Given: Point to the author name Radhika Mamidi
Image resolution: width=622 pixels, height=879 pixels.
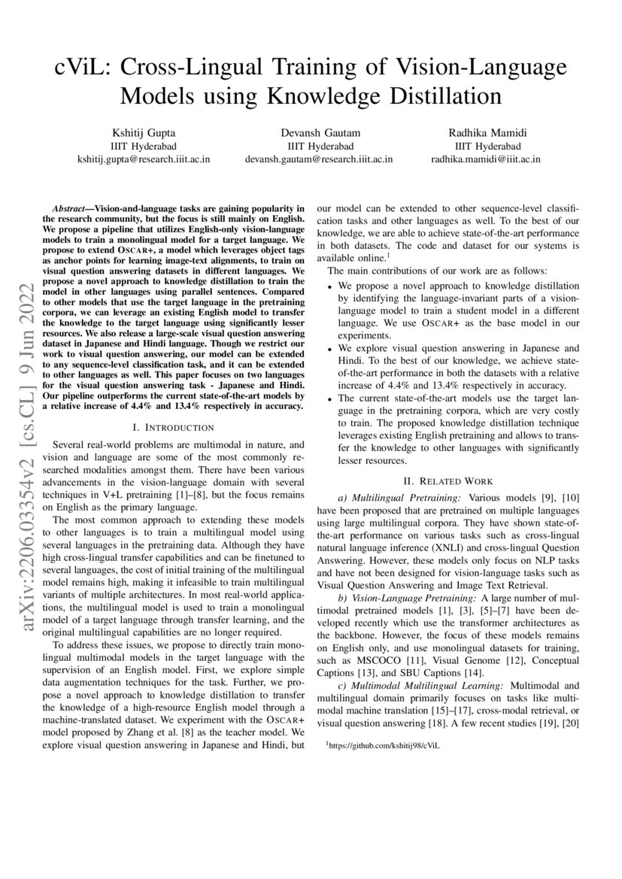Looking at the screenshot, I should click(x=485, y=133).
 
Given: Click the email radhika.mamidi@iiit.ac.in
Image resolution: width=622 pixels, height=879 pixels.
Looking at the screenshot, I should click(x=485, y=159).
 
